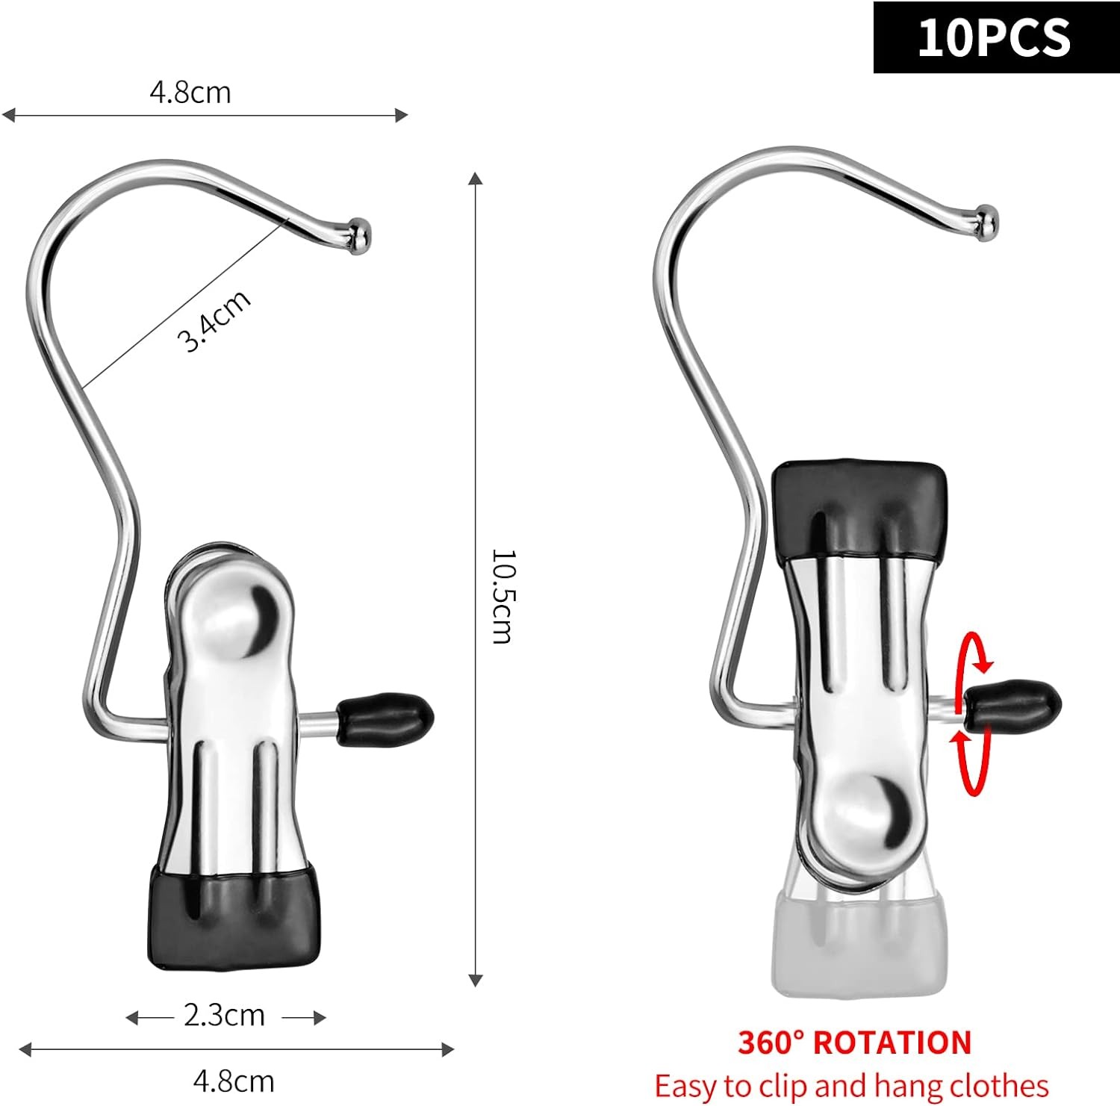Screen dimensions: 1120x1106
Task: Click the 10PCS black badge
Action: [996, 37]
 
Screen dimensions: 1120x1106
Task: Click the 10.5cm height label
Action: [501, 596]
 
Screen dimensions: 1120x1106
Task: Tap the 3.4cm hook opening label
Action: [213, 320]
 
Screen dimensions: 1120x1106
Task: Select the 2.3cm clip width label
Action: [225, 1016]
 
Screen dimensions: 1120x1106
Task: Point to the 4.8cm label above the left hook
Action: [190, 92]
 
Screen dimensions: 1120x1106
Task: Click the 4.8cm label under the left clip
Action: [234, 1080]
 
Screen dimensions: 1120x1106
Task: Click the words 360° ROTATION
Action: [855, 1043]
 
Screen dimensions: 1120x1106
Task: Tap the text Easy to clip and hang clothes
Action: [852, 1085]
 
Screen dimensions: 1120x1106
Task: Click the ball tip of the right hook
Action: [986, 223]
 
